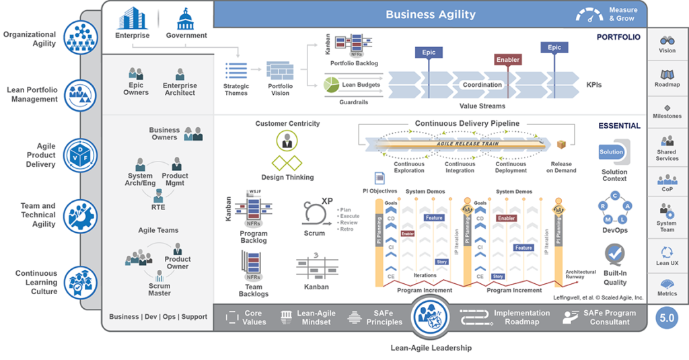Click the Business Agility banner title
pos(431,14)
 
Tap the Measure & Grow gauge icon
pos(589,14)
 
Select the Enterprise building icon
pos(132,18)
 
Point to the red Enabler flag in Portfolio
pos(508,60)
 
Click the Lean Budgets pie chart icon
pos(331,85)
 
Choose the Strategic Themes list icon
pos(236,71)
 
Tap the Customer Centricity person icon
pos(287,141)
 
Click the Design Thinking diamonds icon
pos(287,164)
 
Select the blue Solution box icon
pos(612,152)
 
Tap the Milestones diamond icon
pos(667,107)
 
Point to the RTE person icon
pos(158,196)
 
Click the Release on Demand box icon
pos(561,145)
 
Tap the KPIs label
pos(593,85)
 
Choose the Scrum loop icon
pos(314,215)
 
